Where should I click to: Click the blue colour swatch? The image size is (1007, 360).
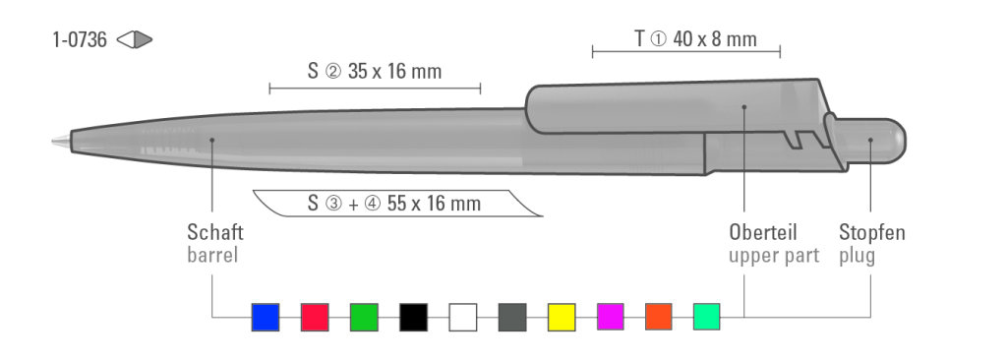(x=266, y=317)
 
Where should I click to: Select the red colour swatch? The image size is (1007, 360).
(x=315, y=317)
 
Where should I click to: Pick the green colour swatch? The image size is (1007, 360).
(x=364, y=317)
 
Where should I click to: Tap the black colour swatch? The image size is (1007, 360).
(x=414, y=317)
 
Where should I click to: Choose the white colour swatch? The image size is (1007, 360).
(x=463, y=317)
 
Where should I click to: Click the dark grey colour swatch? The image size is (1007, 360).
(x=512, y=317)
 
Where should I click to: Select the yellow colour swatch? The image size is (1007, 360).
(x=562, y=317)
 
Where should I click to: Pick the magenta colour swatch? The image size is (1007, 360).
(x=611, y=317)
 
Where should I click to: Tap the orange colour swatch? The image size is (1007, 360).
(x=659, y=317)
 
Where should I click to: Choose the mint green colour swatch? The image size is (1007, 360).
(x=706, y=317)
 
